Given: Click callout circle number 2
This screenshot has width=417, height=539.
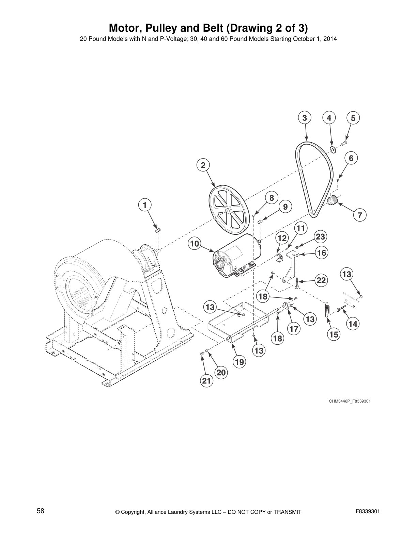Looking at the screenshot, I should tap(203, 165).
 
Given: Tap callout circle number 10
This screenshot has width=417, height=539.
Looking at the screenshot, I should tap(194, 244).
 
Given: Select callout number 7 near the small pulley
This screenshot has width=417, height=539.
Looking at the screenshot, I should tap(360, 215).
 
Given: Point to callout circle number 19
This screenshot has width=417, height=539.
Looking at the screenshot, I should tap(240, 362).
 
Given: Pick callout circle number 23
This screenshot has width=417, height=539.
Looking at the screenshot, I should tap(321, 236).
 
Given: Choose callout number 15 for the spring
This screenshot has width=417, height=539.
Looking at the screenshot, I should tap(334, 334).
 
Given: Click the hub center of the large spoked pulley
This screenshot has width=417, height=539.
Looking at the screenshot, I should tap(228, 211).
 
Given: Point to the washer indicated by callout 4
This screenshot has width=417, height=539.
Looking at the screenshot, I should tap(333, 150).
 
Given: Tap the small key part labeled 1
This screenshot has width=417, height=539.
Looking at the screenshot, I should tap(157, 230).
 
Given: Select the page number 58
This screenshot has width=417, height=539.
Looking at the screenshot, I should tap(41, 511).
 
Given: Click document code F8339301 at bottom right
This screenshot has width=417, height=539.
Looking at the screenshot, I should tap(367, 511).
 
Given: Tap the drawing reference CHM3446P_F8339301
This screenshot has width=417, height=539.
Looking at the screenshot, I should tap(349, 401).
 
